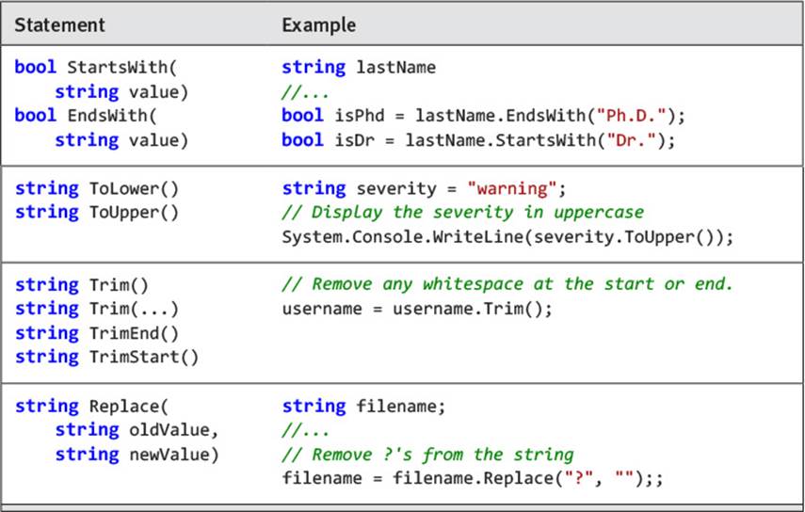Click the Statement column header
[x=59, y=24]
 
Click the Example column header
[x=319, y=24]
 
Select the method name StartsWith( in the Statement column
[x=121, y=67]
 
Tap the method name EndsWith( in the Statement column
[x=112, y=116]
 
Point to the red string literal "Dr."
[x=631, y=139]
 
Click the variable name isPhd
[x=360, y=116]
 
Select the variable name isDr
[x=355, y=139]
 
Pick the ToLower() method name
[x=134, y=188]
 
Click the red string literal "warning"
[x=512, y=188]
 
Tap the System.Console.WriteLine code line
[x=507, y=237]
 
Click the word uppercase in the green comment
[x=599, y=213]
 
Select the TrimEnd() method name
[x=134, y=333]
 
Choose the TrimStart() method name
[x=144, y=357]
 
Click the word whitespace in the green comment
[x=473, y=283]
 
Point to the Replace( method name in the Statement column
[x=128, y=407]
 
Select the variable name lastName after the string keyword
[x=396, y=67]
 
